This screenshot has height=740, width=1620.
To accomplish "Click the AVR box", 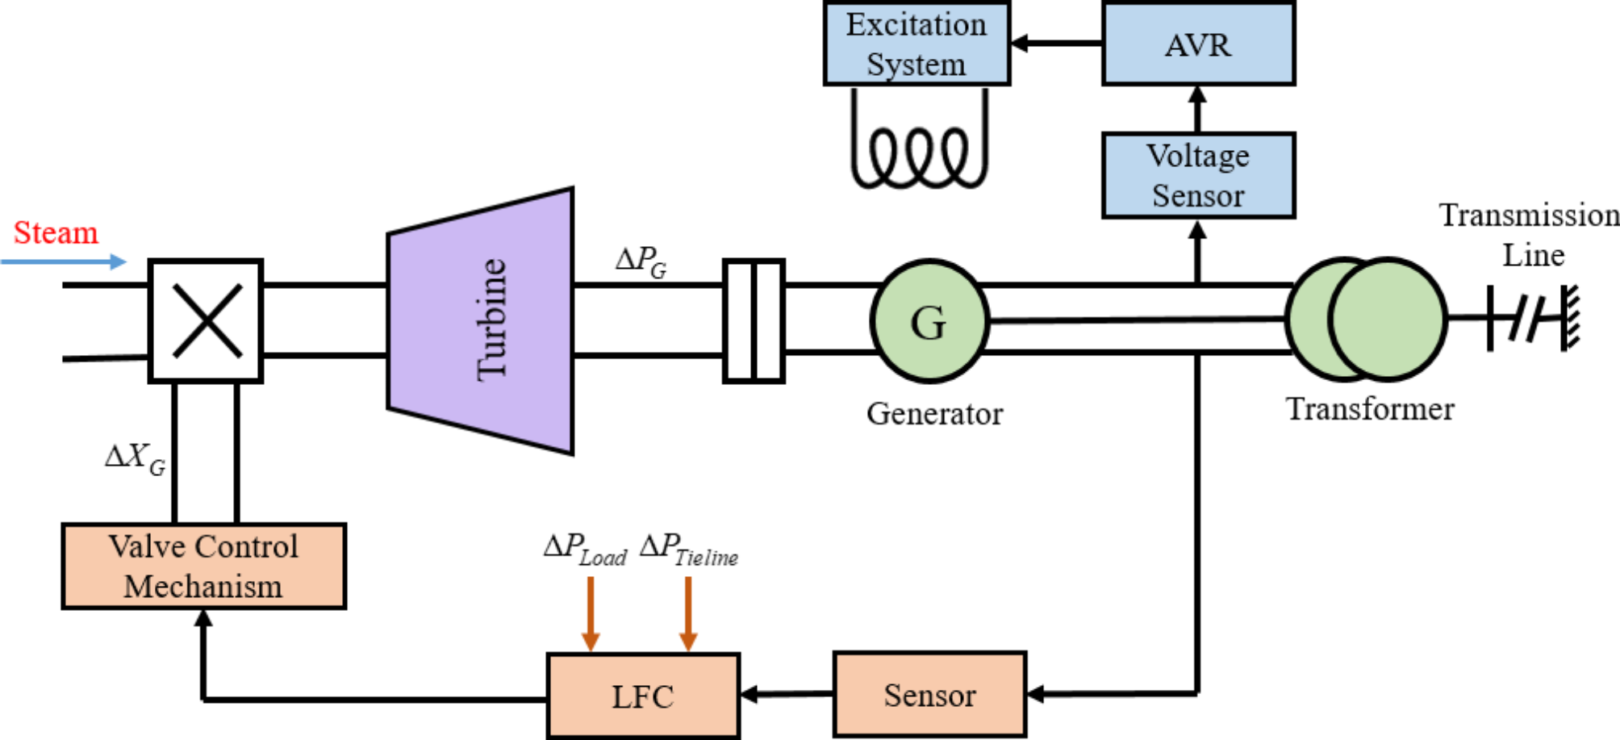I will coord(1198,44).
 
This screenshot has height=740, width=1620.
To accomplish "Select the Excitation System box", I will coord(916,44).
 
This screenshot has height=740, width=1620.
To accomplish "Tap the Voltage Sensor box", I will coord(1198,175).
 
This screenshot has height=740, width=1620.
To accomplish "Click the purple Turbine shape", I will coord(484,321).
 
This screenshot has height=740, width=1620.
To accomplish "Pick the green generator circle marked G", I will coord(929,321).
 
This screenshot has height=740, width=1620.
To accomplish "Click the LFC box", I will coord(643,696).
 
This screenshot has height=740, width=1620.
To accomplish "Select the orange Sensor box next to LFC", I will coord(929,695).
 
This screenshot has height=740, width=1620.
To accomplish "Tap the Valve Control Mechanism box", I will coord(203,566).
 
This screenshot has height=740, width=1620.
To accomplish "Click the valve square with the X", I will coord(207,320).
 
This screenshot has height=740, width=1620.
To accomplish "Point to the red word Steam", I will coord(56,232).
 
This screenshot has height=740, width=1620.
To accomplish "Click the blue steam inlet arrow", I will coord(65,261).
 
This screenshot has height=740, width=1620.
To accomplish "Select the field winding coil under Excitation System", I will coord(919,153).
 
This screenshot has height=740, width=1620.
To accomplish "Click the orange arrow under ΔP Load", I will coord(591,613).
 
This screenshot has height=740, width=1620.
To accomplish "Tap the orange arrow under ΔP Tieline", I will coord(687,613).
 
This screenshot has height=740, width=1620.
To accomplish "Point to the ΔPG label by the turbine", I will coord(641,261).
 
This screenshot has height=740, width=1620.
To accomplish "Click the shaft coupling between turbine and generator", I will coord(754,321).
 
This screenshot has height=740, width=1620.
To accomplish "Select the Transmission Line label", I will coord(1529,235).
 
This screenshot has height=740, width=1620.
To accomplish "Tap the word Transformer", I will coord(1369,409).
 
